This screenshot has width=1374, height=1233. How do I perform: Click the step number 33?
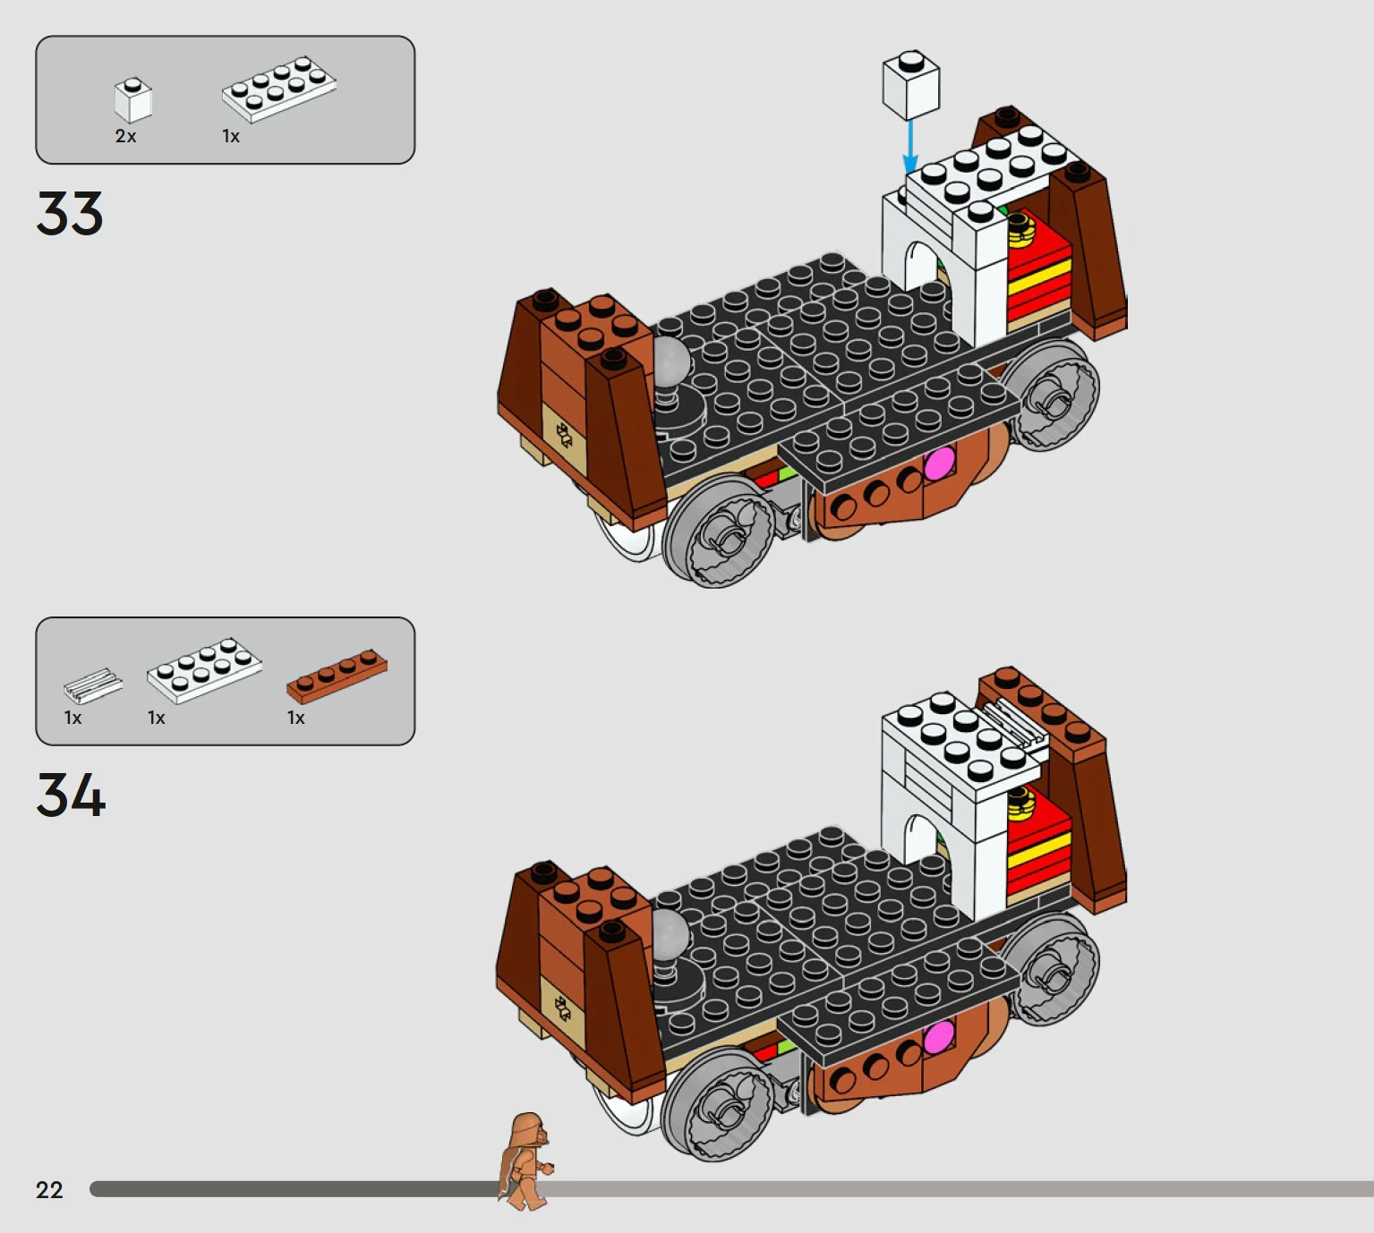coord(70,214)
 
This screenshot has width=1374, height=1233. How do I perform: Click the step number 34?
coord(72,795)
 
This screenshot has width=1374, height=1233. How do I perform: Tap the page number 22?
coord(49,1190)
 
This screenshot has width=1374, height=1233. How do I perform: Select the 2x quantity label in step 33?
coord(126,136)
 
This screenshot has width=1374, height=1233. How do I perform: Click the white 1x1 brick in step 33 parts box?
coord(132,99)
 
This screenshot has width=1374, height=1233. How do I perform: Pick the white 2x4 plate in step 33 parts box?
coord(278,89)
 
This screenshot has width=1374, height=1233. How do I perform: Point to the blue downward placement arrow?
coord(910,147)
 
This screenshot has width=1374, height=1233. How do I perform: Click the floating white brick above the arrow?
coord(911,85)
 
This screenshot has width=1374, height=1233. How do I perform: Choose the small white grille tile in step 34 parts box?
coord(93,685)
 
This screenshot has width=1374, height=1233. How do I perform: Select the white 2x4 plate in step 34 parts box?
coord(204,669)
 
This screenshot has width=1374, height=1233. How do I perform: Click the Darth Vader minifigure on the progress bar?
coord(525,1161)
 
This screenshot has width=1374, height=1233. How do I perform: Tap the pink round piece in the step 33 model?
coord(938,464)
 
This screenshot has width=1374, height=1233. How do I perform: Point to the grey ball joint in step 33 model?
coord(671,360)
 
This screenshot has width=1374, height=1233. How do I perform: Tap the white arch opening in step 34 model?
coord(922,840)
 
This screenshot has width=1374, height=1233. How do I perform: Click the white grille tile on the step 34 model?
coord(1015,724)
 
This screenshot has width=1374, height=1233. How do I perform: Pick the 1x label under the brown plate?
coord(295,718)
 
